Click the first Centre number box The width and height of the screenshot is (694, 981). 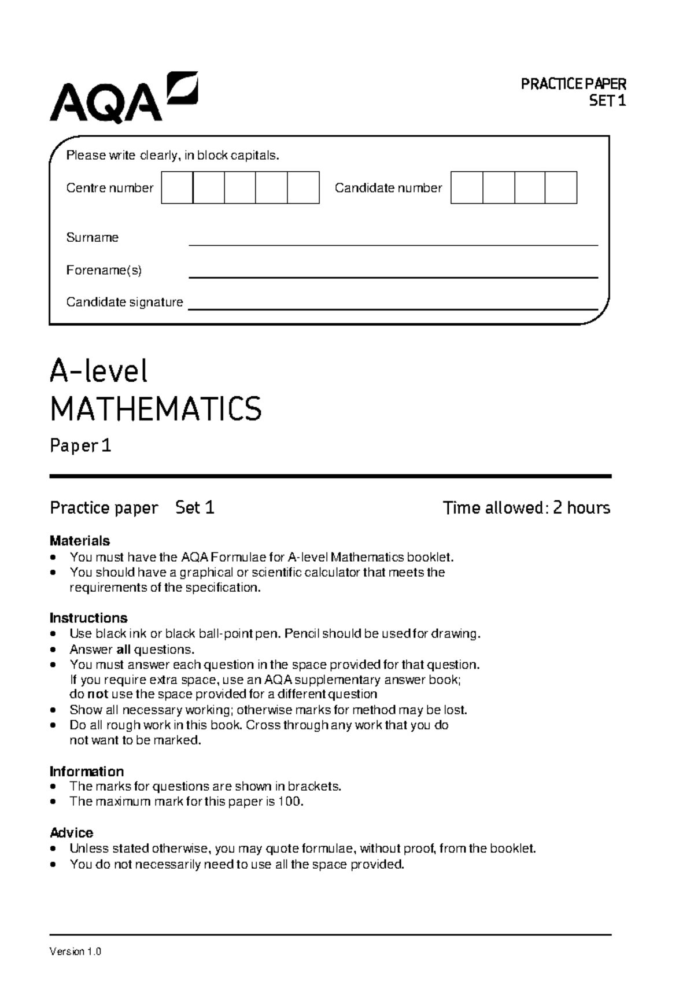[x=177, y=187]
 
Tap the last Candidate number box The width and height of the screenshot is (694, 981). [x=560, y=187]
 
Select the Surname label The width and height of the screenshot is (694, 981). [x=92, y=237]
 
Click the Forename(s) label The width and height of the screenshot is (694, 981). [x=104, y=270]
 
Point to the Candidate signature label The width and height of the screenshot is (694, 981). [x=124, y=302]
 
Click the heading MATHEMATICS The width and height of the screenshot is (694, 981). [x=156, y=409]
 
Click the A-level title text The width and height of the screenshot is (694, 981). [x=98, y=371]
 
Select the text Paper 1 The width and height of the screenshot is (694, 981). [x=80, y=446]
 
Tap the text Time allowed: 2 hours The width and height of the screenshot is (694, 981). [x=526, y=508]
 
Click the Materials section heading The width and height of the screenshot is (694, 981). [x=80, y=541]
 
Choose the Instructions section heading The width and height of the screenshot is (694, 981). [x=88, y=618]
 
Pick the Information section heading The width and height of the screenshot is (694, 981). [x=87, y=772]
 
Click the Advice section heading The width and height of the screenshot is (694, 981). [x=71, y=833]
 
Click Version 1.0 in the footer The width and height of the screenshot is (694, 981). [x=76, y=952]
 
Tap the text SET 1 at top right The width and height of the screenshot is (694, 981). [x=607, y=101]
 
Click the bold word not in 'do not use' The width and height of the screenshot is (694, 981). [x=98, y=694]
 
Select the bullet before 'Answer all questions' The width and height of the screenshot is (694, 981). [x=54, y=650]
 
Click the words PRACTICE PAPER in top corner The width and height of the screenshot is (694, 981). [x=573, y=84]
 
